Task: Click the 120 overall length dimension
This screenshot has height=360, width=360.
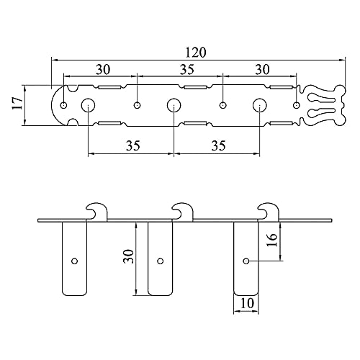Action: [194, 53]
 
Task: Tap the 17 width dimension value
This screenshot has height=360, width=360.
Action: [16, 106]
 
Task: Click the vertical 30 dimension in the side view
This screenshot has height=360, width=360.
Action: [127, 257]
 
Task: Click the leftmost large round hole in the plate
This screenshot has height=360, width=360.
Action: [88, 105]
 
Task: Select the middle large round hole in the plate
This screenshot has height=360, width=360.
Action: [174, 105]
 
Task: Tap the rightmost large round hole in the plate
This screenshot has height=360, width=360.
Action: [258, 105]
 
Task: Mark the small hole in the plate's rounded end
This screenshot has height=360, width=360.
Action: [63, 105]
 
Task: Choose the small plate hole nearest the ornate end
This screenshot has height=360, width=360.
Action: [297, 105]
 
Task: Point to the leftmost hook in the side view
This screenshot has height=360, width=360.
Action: [96, 211]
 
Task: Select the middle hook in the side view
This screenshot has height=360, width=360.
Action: [182, 211]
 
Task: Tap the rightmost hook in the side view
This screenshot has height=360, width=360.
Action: [269, 211]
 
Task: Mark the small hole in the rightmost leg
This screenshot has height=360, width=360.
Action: [246, 260]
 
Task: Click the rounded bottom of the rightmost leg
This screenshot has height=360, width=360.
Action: [247, 292]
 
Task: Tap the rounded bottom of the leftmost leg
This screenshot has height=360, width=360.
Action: [75, 292]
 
